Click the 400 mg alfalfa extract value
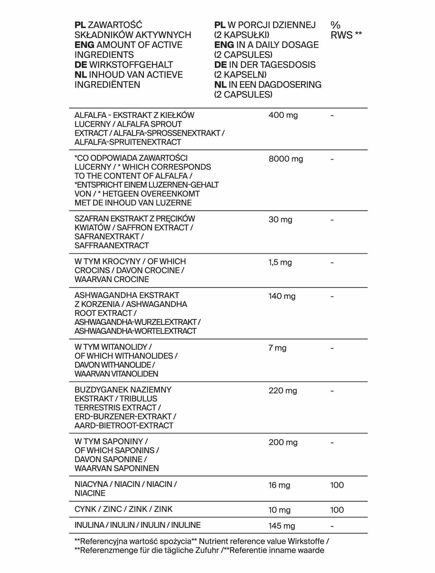[x=283, y=115]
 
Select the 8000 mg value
[x=286, y=159]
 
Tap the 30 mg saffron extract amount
[x=280, y=220]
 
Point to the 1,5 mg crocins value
[x=280, y=262]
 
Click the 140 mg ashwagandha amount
[x=282, y=296]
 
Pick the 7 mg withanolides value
[x=277, y=348]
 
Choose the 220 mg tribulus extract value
[x=283, y=391]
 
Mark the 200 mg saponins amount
[x=283, y=442]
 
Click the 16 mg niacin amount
[x=279, y=485]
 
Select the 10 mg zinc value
[x=279, y=510]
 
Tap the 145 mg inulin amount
[x=282, y=526]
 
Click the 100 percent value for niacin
[x=337, y=485]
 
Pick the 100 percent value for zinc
[x=337, y=510]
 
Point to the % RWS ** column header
[x=346, y=30]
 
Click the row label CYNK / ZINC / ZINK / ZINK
[x=124, y=509]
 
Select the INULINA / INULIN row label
[x=137, y=525]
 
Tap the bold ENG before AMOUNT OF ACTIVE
[x=84, y=45]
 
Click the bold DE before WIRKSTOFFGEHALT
[x=81, y=65]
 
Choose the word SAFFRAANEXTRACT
[x=111, y=245]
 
